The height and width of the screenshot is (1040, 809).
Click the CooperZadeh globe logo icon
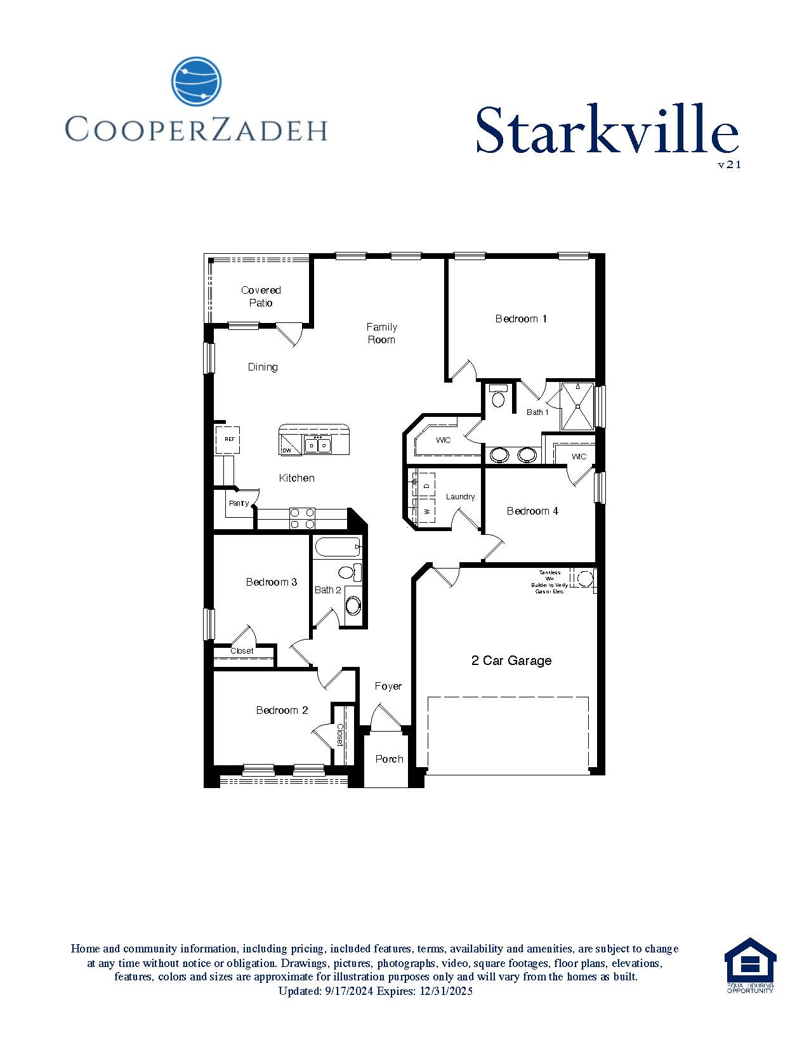pyautogui.click(x=196, y=81)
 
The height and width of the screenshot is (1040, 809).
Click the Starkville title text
pyautogui.click(x=607, y=131)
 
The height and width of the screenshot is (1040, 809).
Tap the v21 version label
pyautogui.click(x=729, y=165)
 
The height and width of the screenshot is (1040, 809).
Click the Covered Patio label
pyautogui.click(x=261, y=296)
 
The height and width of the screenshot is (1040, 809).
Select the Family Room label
pyautogui.click(x=381, y=333)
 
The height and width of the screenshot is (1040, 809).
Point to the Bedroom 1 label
pyautogui.click(x=521, y=319)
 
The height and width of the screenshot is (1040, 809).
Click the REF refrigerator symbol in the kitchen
pyautogui.click(x=228, y=439)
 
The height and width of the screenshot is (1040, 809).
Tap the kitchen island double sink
pyautogui.click(x=317, y=445)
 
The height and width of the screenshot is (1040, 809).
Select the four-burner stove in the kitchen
pyautogui.click(x=303, y=518)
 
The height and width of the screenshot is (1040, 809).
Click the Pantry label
pyautogui.click(x=239, y=503)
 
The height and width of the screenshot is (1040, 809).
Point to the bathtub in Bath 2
pyautogui.click(x=338, y=547)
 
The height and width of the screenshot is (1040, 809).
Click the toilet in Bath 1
pyautogui.click(x=498, y=397)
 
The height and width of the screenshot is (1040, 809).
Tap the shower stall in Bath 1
pyautogui.click(x=577, y=406)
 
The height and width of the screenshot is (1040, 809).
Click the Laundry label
pyautogui.click(x=460, y=497)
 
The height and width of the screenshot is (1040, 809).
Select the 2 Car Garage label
pyautogui.click(x=511, y=661)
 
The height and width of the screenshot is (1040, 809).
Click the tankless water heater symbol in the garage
pyautogui.click(x=584, y=579)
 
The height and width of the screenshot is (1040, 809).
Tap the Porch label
pyautogui.click(x=389, y=759)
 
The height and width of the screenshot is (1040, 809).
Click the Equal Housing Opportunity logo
pyautogui.click(x=750, y=965)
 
